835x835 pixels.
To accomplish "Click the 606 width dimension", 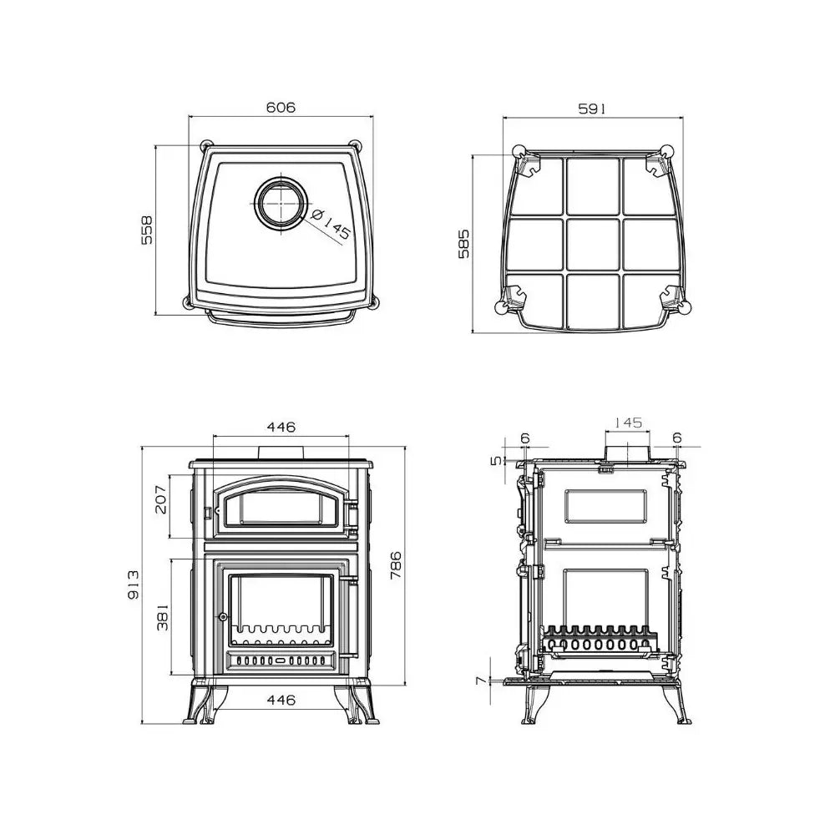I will (281, 108).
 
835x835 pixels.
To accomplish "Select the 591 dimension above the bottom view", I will (592, 108).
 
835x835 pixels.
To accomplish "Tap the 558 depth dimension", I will (147, 230).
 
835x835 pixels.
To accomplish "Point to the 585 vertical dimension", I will (464, 243).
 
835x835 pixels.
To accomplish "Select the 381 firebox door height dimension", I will (162, 617).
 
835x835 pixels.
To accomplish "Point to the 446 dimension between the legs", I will (281, 701).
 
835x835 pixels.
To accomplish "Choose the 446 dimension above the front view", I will (281, 427).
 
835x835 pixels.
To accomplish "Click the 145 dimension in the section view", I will (627, 423).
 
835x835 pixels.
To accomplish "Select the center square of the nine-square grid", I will (592, 243).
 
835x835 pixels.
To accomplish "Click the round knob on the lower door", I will (223, 616).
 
